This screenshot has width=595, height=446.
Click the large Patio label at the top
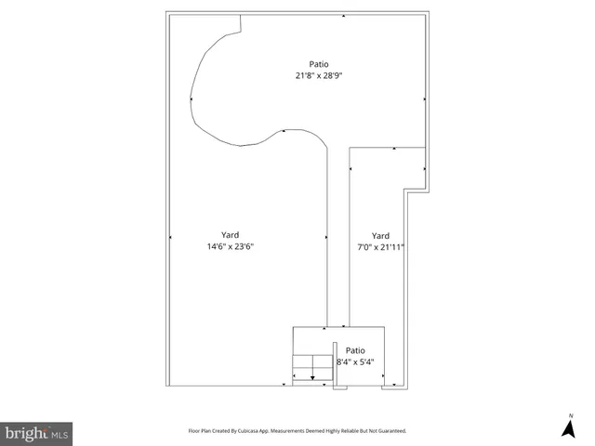[x=319, y=64]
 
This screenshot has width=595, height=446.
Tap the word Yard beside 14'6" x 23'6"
[x=231, y=235]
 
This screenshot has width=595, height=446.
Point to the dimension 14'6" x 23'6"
[x=231, y=247]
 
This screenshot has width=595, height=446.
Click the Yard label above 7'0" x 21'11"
[x=380, y=235]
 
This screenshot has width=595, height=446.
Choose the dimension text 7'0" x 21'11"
[x=380, y=247]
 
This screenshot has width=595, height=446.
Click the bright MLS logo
[x=37, y=433]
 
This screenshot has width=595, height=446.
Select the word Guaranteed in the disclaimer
[x=387, y=431]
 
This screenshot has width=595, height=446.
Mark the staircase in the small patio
[x=311, y=368]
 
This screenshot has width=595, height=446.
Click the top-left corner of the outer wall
[x=168, y=13]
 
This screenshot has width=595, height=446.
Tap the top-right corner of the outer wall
[x=428, y=13]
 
